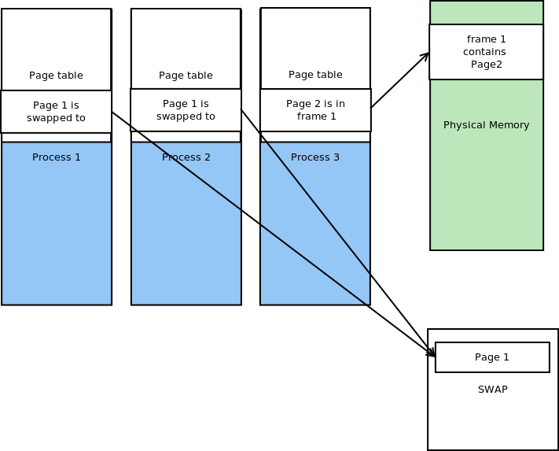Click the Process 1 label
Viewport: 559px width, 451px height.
click(x=57, y=157)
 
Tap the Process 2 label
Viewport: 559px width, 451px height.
click(x=186, y=157)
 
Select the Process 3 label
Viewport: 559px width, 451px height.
click(x=315, y=157)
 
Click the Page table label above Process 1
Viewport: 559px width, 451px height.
click(x=56, y=76)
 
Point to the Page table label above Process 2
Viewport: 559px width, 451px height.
click(x=186, y=76)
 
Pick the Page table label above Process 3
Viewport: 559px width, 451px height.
click(x=315, y=75)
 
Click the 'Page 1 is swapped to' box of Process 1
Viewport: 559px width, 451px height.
click(x=56, y=112)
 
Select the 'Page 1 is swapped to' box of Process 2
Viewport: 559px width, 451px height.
click(x=186, y=110)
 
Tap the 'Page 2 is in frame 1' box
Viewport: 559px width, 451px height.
click(x=315, y=110)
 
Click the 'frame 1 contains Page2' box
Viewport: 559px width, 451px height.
click(x=486, y=52)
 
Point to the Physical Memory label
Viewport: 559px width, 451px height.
click(x=486, y=125)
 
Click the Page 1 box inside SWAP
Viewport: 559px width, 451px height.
click(x=492, y=357)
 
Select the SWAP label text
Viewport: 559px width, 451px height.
click(x=492, y=390)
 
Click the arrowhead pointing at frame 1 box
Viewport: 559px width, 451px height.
click(x=425, y=56)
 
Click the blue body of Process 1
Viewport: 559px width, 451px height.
click(x=57, y=236)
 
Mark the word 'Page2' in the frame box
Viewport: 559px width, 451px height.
click(x=486, y=65)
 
